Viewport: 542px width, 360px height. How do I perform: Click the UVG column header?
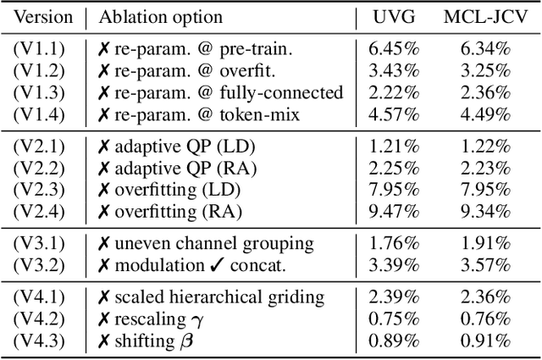392,17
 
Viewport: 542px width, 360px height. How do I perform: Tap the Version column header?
44,17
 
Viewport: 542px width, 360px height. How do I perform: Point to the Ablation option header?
161,17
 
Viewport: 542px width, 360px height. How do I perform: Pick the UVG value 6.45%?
392,49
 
